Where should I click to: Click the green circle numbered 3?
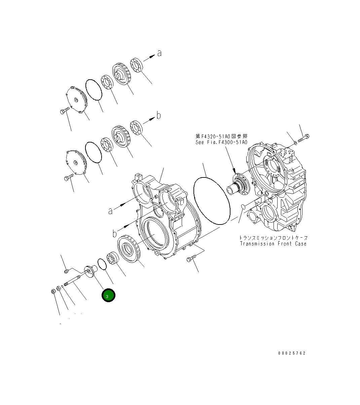click(x=108, y=295)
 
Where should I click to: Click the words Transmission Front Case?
click(x=273, y=244)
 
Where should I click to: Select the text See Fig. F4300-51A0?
click(x=221, y=142)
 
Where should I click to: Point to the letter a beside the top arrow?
click(x=159, y=53)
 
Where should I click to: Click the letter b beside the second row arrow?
click(x=158, y=115)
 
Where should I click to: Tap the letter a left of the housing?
click(x=110, y=211)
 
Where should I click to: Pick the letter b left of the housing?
click(x=114, y=233)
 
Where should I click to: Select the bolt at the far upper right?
click(x=303, y=138)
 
